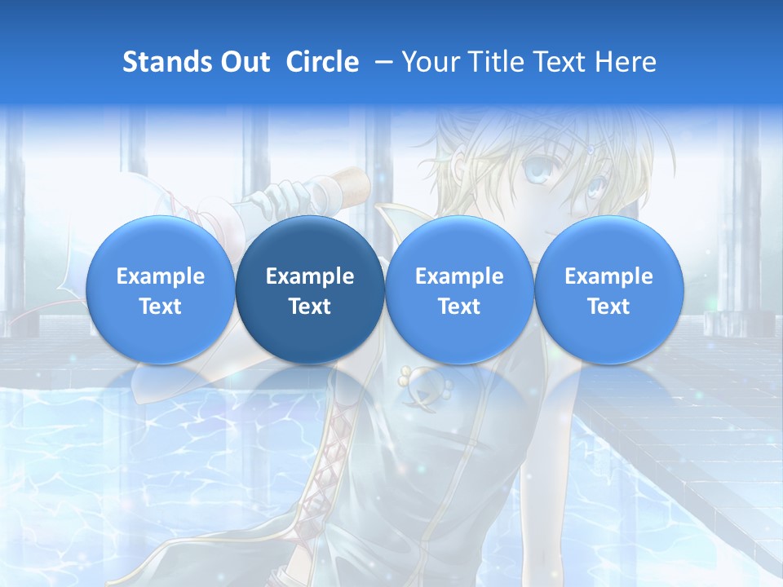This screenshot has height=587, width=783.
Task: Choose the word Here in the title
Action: pyautogui.click(x=626, y=62)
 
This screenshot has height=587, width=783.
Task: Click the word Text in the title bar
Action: pyautogui.click(x=560, y=62)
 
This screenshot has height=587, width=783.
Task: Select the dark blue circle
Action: pyautogui.click(x=310, y=290)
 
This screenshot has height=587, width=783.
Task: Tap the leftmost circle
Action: pyautogui.click(x=161, y=290)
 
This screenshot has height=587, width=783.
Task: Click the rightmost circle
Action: pyautogui.click(x=608, y=290)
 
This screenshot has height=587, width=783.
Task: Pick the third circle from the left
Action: pyautogui.click(x=459, y=290)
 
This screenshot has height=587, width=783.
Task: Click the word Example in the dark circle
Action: pyautogui.click(x=310, y=276)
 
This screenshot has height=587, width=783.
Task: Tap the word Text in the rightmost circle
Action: pyautogui.click(x=608, y=307)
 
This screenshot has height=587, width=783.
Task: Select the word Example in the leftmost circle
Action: pyautogui.click(x=161, y=276)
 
